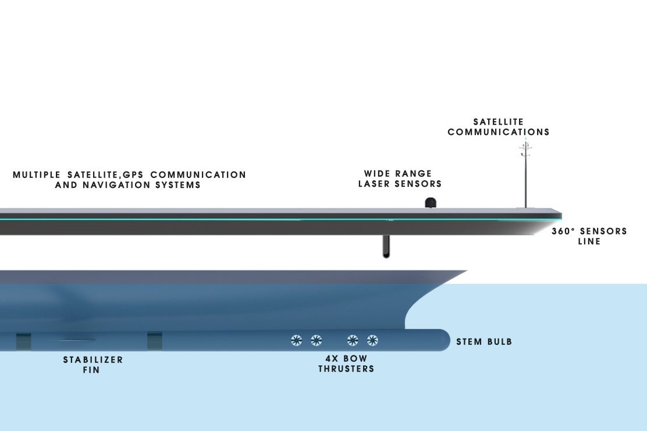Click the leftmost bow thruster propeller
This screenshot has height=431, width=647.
coord(296,340)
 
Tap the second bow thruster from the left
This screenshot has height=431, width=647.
coord(316,340)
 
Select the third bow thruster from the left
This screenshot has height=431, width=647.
coord(353,340)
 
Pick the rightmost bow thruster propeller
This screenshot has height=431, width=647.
coord(372,340)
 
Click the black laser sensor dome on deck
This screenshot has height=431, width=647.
coord(431,202)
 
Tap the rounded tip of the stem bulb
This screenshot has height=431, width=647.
coord(446,340)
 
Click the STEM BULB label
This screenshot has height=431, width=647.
coord(484,341)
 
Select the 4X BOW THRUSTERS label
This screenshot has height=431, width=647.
coord(346,364)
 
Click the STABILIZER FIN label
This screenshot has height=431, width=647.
coord(93,365)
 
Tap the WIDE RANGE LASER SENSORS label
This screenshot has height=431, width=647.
coord(400,179)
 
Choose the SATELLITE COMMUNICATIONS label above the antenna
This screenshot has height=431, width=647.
coord(498,127)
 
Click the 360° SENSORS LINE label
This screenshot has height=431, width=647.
coord(589,236)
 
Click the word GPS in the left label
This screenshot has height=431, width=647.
coord(134,174)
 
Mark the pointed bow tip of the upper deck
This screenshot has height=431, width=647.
coord(560,214)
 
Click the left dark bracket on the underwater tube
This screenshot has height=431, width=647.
coord(23,341)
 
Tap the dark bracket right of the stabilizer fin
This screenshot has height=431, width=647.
coord(155,341)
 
